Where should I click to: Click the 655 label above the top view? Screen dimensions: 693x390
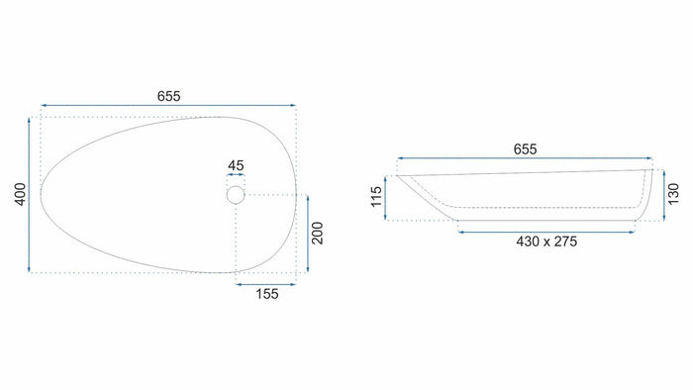[x=169, y=96]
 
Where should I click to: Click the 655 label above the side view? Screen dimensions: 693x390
[x=525, y=149]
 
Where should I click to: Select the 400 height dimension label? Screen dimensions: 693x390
[x=21, y=194]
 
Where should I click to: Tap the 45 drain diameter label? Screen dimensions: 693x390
[x=236, y=165]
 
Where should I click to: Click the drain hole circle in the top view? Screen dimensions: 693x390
[x=236, y=186]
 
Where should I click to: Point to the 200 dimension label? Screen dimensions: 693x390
[x=318, y=233]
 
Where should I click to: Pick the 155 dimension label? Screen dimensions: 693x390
[x=267, y=294]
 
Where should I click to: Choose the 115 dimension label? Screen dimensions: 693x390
[x=376, y=197]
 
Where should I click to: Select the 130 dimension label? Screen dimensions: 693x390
[x=673, y=194]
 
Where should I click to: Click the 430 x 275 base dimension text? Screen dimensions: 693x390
[x=546, y=242]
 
